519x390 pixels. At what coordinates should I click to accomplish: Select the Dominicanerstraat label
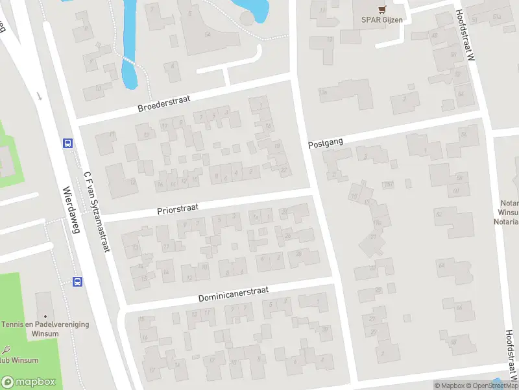point(233,294)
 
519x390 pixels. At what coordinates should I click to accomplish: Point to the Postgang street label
point(325,142)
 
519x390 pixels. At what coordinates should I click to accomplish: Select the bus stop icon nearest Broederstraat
point(67,143)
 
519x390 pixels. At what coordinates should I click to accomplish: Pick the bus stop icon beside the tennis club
point(77,281)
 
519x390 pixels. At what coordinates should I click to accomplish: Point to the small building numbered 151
point(389,185)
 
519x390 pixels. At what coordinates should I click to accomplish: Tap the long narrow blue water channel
point(129,45)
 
